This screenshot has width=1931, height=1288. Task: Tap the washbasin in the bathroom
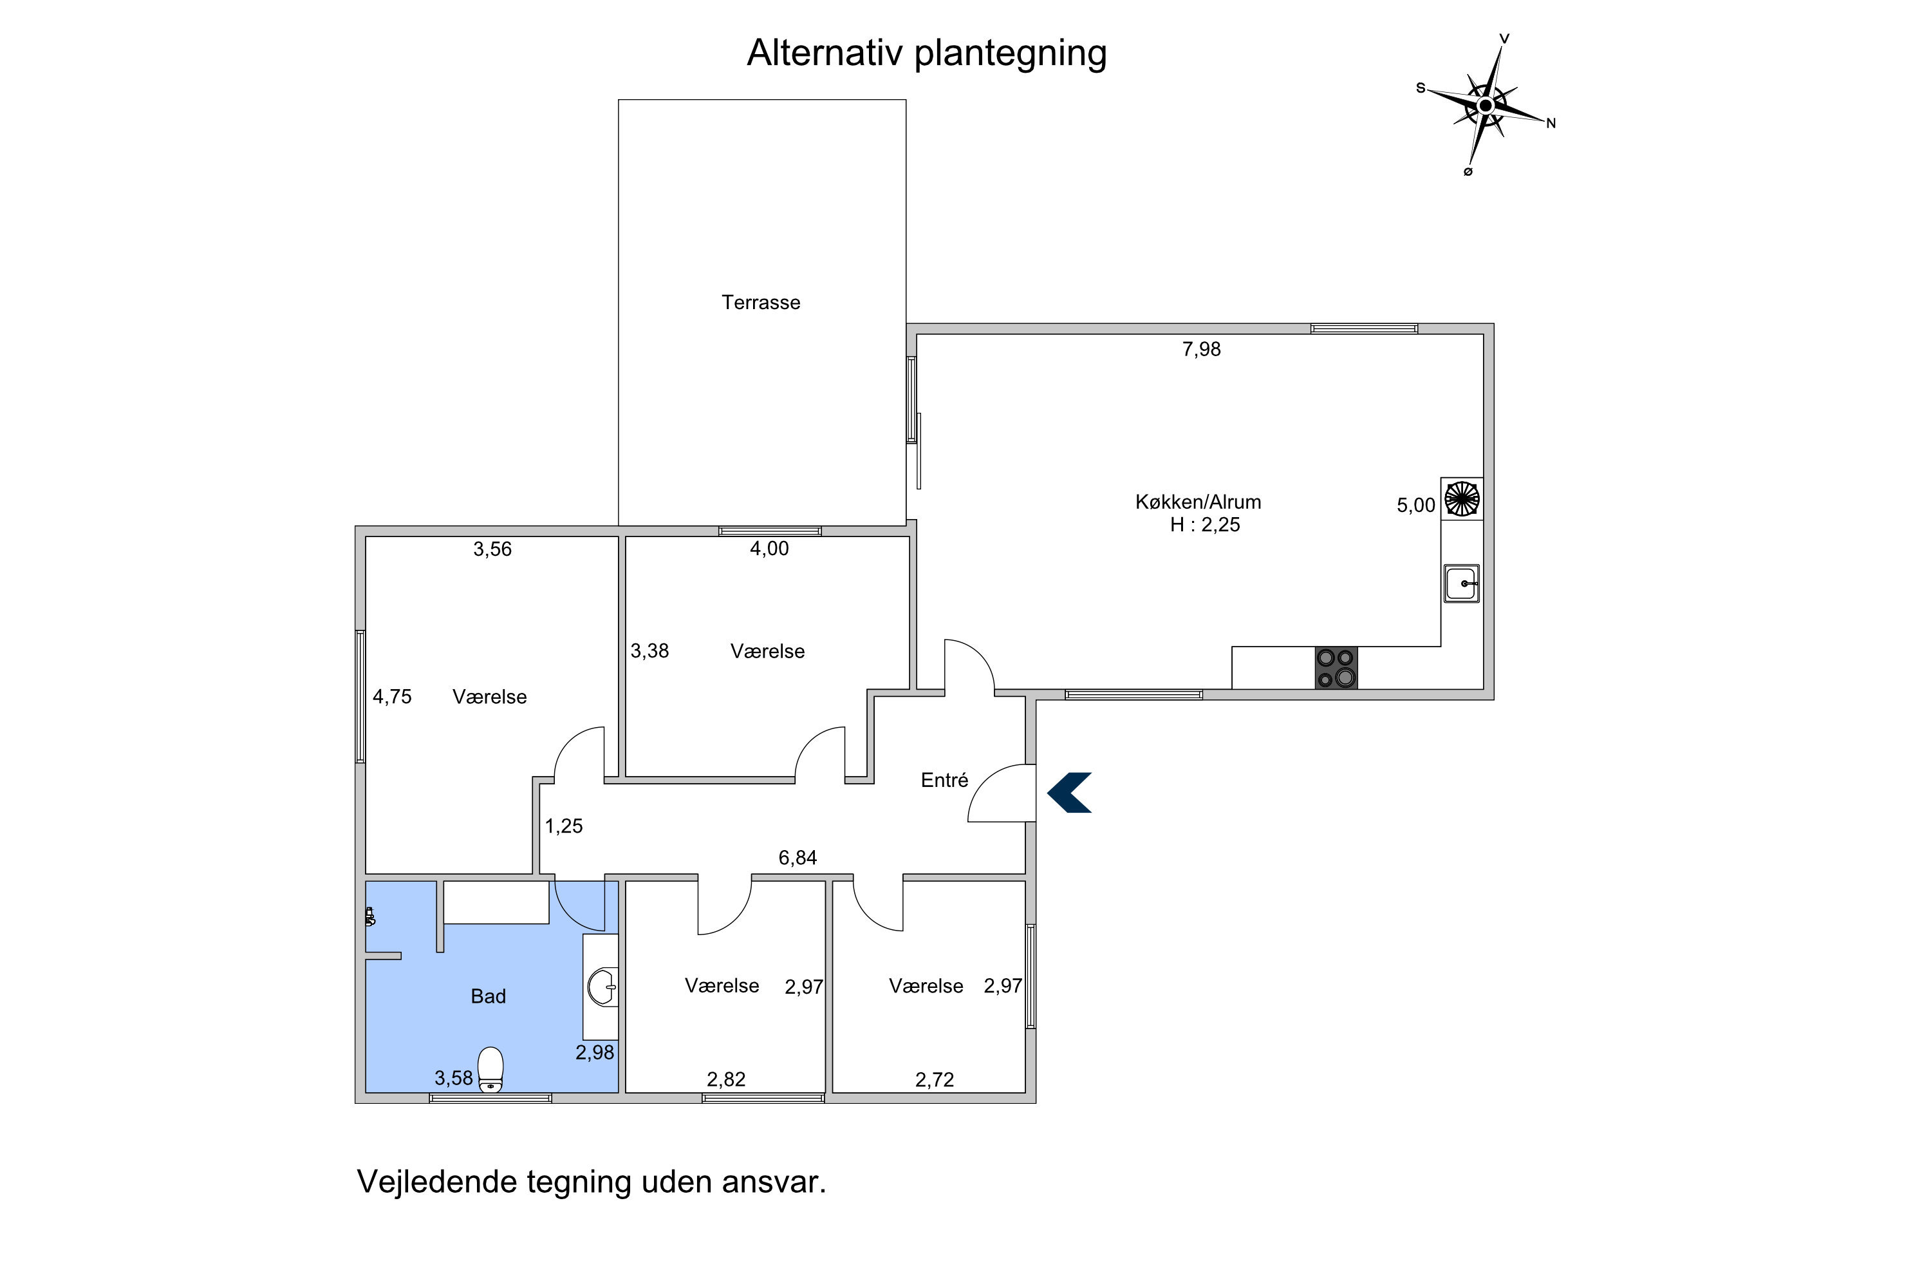pos(604,987)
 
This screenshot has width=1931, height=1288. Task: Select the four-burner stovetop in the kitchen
pos(1336,668)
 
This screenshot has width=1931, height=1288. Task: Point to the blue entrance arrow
pos(1069,793)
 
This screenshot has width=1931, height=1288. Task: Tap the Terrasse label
pos(761,302)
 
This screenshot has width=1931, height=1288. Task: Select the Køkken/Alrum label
pos(1198,502)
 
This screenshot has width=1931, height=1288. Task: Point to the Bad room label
pos(488,996)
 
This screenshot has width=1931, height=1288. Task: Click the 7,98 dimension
pos(1201,349)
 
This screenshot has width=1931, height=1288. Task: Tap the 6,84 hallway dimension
pos(798,858)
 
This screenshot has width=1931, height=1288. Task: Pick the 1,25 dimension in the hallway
pos(563,826)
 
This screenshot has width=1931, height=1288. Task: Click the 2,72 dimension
pos(935,1079)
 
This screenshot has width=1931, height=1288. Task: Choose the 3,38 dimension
pos(649,650)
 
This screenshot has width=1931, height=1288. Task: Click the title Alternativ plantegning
pos(927,53)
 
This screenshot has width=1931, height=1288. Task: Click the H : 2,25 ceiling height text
pos(1204,525)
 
